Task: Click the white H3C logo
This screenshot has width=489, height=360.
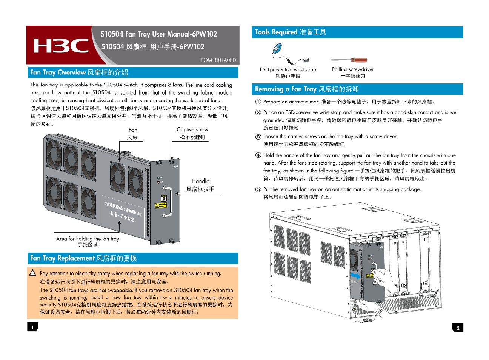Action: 61,46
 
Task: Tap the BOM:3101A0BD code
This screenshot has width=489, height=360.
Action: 218,60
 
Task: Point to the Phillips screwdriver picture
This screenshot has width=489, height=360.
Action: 349,60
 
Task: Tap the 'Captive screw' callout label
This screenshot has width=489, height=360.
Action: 192,129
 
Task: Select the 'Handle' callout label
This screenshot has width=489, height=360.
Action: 200,181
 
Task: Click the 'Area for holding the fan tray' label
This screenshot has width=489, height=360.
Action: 88,239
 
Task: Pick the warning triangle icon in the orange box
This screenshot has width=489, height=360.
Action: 33,273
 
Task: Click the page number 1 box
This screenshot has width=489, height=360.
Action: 32,327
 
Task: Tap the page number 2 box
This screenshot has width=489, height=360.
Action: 458,328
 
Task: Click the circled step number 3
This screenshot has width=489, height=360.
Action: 258,137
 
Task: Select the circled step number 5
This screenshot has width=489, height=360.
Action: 258,189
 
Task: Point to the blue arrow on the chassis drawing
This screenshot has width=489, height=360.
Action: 355,276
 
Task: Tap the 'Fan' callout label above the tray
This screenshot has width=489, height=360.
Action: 133,130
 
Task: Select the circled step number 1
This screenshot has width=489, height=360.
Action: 258,102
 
